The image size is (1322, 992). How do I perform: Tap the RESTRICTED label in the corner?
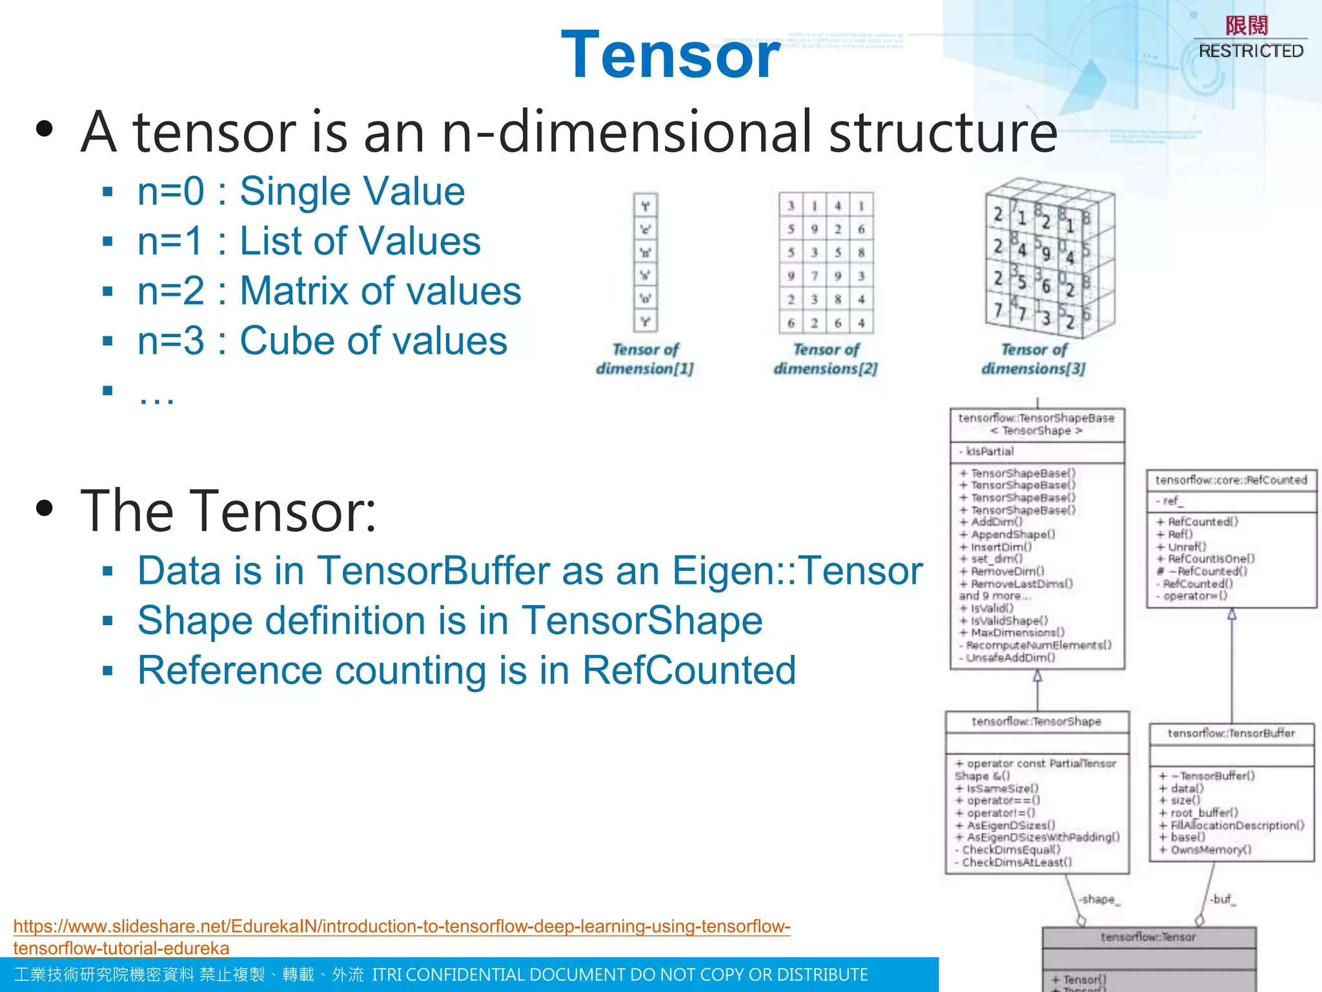(1250, 51)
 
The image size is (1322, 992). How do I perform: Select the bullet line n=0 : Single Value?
(301, 191)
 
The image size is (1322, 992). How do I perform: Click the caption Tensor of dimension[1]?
(645, 359)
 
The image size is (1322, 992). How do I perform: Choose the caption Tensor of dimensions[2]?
(826, 359)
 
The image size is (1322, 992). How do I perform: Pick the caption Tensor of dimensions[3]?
(1033, 359)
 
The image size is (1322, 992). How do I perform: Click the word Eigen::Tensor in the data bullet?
(797, 571)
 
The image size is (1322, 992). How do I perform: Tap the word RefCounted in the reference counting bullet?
(689, 670)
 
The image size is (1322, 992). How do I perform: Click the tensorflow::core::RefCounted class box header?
(1230, 480)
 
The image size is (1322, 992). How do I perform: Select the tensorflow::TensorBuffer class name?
(1231, 734)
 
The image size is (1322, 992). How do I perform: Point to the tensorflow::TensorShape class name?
(1036, 721)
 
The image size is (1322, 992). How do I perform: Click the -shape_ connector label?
(1099, 900)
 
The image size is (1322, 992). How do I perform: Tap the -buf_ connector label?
(1221, 900)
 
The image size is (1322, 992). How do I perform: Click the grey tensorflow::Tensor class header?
(1148, 937)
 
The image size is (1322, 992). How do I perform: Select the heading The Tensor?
(228, 511)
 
